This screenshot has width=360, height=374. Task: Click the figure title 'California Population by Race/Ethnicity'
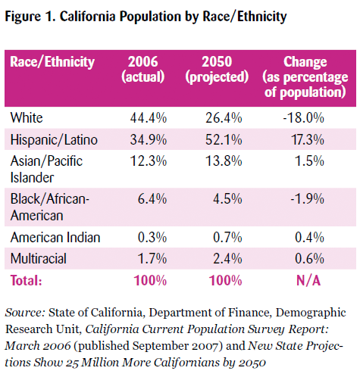[x=173, y=17]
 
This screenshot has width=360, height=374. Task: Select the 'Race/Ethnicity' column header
[x=52, y=62]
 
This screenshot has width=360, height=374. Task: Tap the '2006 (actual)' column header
[x=143, y=70]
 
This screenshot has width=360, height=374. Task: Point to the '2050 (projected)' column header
[x=217, y=70]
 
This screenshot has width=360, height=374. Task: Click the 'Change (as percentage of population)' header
[x=305, y=77]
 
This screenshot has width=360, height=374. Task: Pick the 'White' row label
[x=27, y=118]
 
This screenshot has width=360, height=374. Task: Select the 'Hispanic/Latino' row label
[x=54, y=140]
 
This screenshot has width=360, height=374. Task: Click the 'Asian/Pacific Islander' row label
[x=46, y=169]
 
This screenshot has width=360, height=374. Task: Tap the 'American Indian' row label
[x=55, y=238]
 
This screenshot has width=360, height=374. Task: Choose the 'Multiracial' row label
[x=39, y=259]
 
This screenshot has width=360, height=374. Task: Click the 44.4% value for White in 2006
[x=149, y=118]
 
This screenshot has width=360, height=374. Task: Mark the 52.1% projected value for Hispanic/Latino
[x=224, y=139]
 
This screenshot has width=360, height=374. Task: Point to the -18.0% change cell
[x=303, y=118]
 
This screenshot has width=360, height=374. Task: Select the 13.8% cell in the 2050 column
[x=224, y=161]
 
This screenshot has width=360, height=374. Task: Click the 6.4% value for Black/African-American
[x=152, y=199]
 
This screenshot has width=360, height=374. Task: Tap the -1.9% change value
[x=307, y=199]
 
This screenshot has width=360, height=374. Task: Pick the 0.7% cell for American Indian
[x=227, y=238]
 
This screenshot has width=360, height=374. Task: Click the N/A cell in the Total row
[x=308, y=281]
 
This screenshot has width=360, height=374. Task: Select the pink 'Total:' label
[x=26, y=281]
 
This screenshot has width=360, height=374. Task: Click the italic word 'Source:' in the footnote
[x=25, y=313]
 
